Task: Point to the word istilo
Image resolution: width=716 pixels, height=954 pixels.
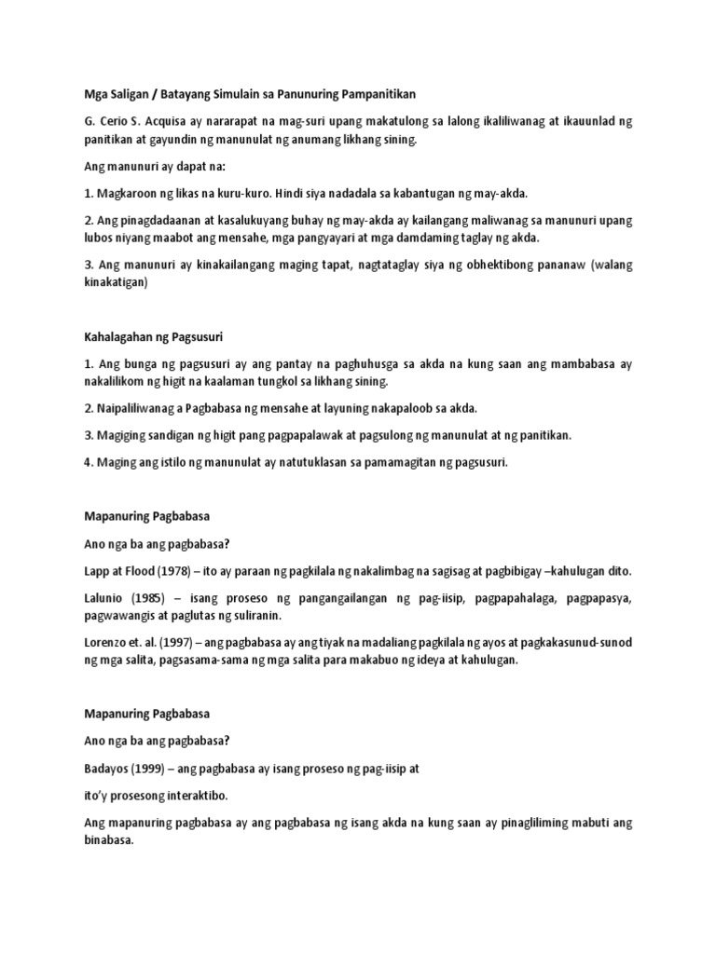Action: [172, 461]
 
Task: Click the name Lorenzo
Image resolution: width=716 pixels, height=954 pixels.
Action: [108, 643]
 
